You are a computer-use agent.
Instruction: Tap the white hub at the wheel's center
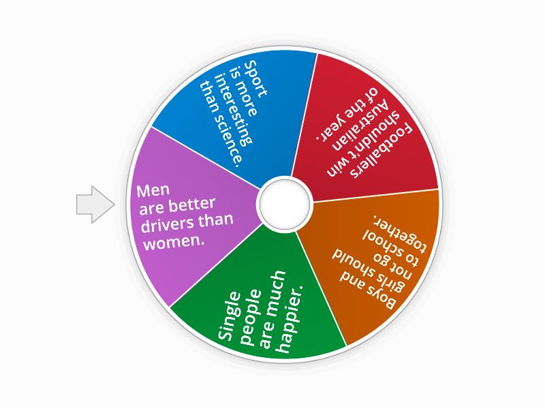pos(284,203)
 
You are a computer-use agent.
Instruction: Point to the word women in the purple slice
pos(171,241)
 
